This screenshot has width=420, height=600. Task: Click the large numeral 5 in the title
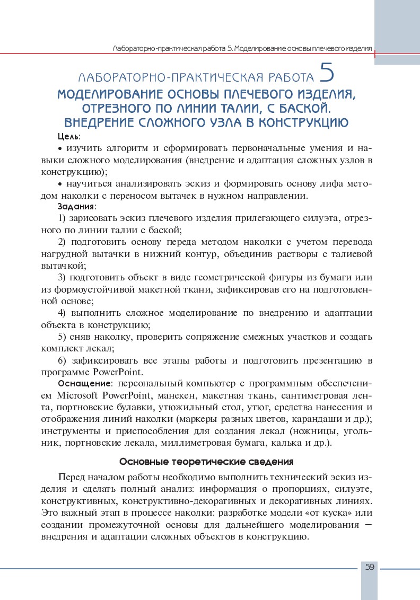coord(327,74)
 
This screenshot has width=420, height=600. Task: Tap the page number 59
coord(370,567)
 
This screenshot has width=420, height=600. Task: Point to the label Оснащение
coord(84,383)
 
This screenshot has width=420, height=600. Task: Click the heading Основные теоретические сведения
coord(206,461)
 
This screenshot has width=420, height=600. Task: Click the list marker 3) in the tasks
coord(62,277)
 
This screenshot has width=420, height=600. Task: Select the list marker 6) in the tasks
coord(62,361)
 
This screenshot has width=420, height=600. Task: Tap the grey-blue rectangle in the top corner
coord(397,32)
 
